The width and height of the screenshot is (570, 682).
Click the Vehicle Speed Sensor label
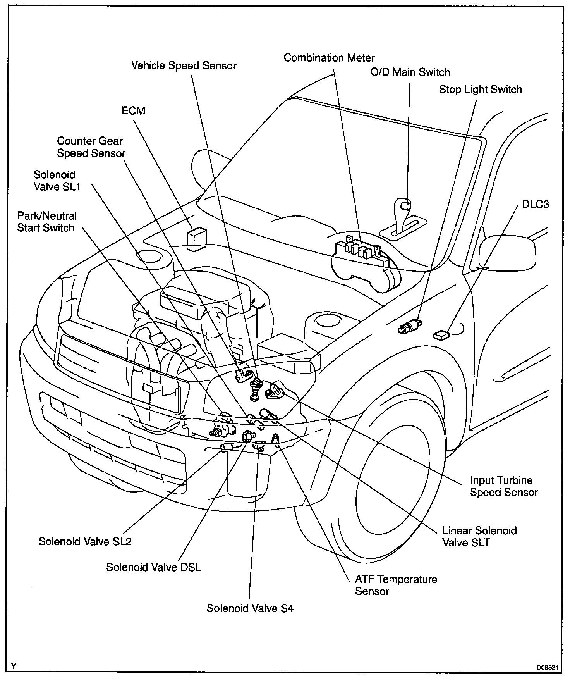(x=184, y=66)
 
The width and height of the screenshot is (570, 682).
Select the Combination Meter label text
(x=329, y=58)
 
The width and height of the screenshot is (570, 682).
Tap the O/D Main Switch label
(x=410, y=72)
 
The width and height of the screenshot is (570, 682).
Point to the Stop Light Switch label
(x=480, y=90)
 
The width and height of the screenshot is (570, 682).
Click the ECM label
(x=133, y=111)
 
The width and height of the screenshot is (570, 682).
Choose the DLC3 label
(x=535, y=204)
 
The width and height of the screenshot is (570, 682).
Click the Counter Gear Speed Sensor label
(x=91, y=147)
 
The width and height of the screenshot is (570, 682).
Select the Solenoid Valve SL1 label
(x=57, y=181)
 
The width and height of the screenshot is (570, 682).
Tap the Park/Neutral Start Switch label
(x=46, y=222)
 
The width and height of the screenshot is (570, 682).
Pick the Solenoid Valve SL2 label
(x=85, y=541)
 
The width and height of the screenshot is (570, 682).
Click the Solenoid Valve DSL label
(x=153, y=567)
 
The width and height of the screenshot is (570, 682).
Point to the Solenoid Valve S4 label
(x=250, y=608)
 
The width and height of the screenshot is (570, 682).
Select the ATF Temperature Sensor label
(x=396, y=585)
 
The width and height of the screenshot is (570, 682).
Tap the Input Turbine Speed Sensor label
(x=503, y=486)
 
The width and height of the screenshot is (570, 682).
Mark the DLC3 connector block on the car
(x=441, y=334)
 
